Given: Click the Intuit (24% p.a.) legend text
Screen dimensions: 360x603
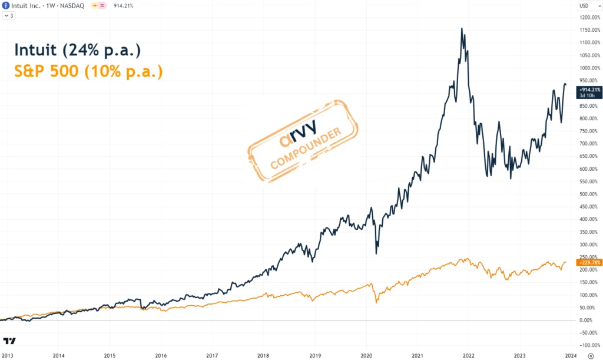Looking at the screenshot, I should [x=77, y=50].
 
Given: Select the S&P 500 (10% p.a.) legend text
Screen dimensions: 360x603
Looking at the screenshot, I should [x=88, y=72].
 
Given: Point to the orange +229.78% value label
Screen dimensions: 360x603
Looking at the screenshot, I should [x=589, y=262].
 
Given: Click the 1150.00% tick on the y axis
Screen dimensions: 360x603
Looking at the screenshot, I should [x=589, y=30].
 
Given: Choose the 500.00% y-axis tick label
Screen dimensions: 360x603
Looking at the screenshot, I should [x=588, y=194].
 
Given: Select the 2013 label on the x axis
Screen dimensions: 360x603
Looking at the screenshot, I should [x=8, y=355].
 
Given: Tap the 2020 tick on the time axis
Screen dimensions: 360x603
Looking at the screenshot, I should [x=366, y=355].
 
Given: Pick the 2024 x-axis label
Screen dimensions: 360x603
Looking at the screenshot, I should [x=571, y=355].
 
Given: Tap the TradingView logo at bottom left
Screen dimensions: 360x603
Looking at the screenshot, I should [x=9, y=341].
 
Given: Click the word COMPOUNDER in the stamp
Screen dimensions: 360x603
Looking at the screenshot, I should [x=306, y=148].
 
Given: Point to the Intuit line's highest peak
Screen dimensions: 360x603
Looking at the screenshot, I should [x=462, y=28].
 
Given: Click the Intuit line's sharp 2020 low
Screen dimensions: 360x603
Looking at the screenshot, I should [x=376, y=253].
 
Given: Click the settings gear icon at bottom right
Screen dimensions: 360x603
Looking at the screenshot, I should [x=590, y=355].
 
